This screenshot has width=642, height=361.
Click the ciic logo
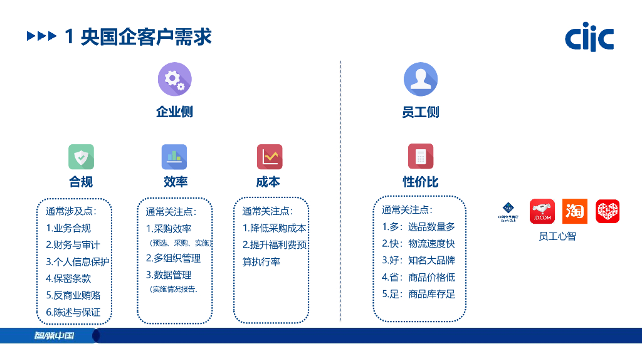tap(589, 38)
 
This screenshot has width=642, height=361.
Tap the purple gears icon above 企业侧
tap(174, 79)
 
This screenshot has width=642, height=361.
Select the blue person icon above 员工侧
tap(420, 79)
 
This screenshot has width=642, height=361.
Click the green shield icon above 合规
tap(81, 157)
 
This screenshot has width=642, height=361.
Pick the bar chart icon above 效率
tap(174, 157)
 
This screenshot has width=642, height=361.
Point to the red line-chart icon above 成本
tap(270, 157)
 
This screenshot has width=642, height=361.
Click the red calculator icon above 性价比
tap(420, 157)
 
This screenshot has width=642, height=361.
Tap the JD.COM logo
tap(542, 211)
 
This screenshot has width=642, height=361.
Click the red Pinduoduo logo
tap(607, 211)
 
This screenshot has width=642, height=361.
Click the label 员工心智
tap(557, 236)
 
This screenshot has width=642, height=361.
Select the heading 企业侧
tap(174, 112)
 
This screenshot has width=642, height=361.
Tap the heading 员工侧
tap(420, 112)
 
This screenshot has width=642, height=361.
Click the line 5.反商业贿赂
tap(73, 295)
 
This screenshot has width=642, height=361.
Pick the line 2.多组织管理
tap(173, 258)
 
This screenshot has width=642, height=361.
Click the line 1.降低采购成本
tap(274, 228)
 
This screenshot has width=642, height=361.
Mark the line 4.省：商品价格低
tap(418, 277)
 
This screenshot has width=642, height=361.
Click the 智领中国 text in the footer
tap(54, 335)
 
